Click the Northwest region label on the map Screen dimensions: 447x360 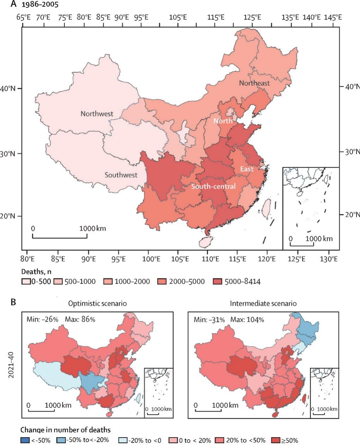[x=97, y=114]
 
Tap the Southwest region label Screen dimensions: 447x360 [x=121, y=175]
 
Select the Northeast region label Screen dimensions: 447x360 [x=254, y=83]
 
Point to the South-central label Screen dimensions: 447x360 [x=213, y=186]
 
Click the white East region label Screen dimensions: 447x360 [x=247, y=169]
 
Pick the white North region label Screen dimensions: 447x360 [x=223, y=121]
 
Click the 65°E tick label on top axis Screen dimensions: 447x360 [x=29, y=18]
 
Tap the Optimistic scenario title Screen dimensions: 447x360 [x=98, y=303]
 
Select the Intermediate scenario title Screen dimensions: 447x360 [x=263, y=303]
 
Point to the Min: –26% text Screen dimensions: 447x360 [x=42, y=320]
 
